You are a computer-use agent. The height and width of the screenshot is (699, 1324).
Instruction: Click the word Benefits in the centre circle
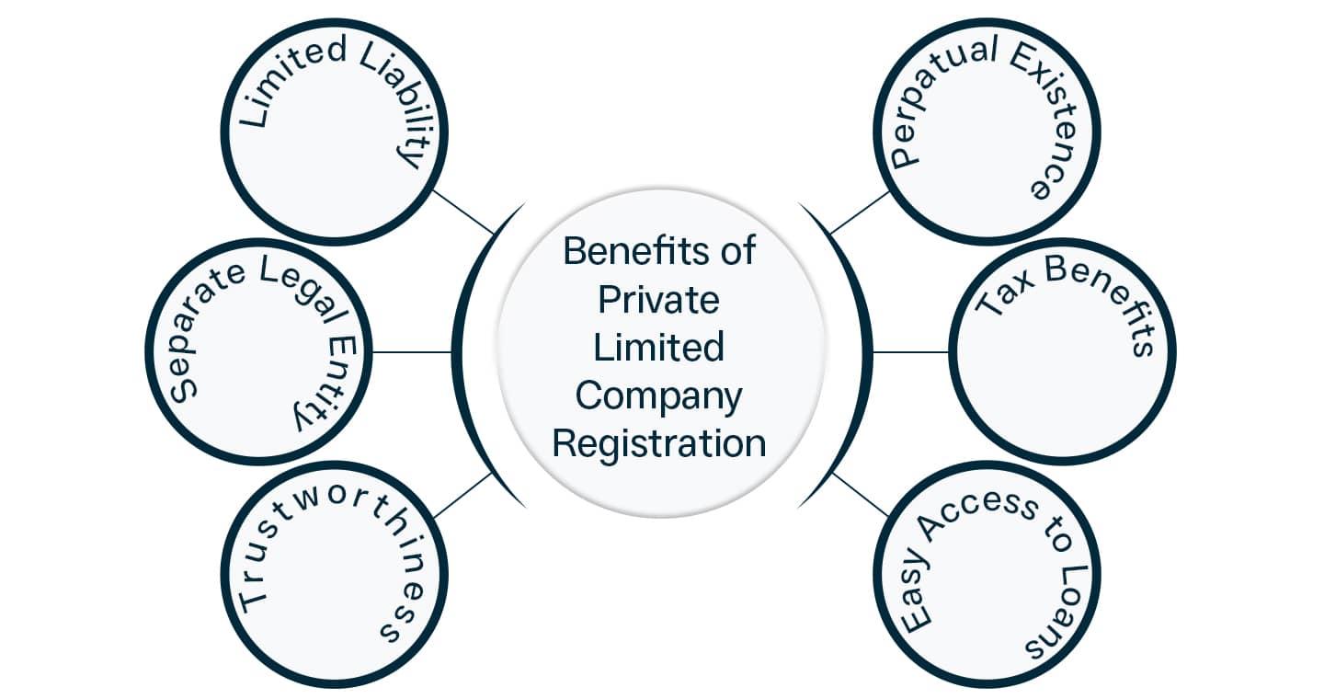(x=629, y=251)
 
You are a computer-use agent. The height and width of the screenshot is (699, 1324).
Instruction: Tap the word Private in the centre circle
(x=658, y=300)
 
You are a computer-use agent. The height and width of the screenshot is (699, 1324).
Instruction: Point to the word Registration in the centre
(x=658, y=443)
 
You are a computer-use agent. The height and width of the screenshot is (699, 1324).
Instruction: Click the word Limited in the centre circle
(x=658, y=348)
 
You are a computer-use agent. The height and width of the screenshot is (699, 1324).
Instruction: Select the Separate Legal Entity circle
(x=258, y=351)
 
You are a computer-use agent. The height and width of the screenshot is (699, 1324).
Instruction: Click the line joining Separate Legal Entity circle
(x=412, y=351)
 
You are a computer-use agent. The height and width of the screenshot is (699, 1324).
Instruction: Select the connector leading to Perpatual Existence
(x=859, y=212)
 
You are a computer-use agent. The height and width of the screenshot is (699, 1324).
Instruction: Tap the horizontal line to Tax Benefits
(x=910, y=351)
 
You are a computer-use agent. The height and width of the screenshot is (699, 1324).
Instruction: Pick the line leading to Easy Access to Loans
(x=861, y=495)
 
